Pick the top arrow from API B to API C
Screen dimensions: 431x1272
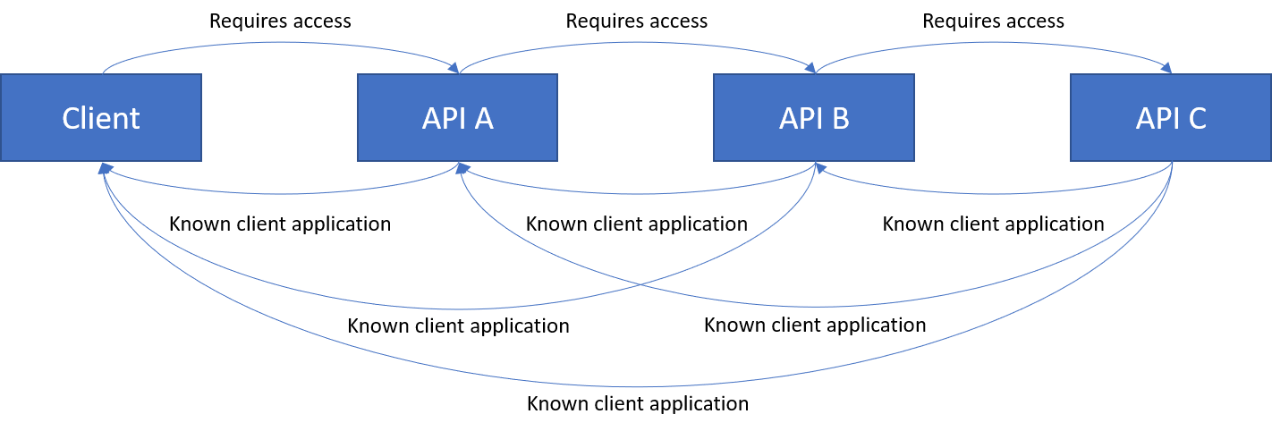point(993,43)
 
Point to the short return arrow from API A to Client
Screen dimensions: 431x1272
point(281,192)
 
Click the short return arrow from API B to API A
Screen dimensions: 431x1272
point(637,192)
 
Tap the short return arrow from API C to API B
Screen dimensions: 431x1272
point(993,192)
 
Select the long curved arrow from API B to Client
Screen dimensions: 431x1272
point(447,308)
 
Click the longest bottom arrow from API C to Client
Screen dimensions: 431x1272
point(637,386)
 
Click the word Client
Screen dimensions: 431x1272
point(101,118)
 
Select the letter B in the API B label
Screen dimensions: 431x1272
point(839,118)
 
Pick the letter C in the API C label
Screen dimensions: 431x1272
point(1196,118)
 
